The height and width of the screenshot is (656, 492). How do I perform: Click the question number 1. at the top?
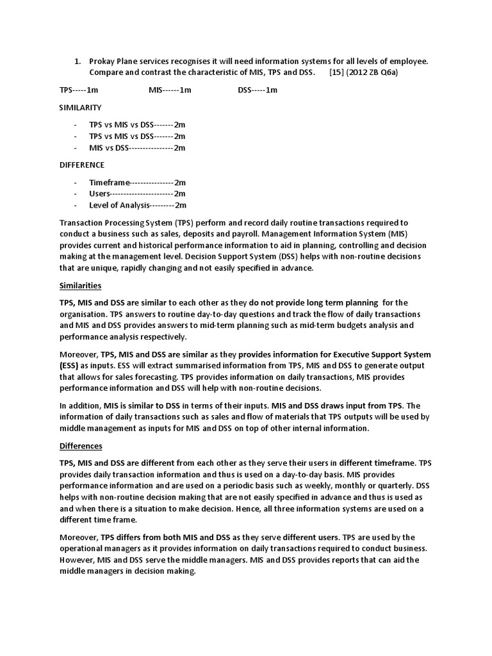click(77, 61)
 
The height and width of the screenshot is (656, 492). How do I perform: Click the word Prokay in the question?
click(103, 61)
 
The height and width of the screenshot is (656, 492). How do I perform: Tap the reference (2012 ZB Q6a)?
click(373, 72)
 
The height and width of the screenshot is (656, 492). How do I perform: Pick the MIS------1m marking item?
click(170, 90)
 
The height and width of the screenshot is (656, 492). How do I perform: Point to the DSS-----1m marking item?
click(258, 90)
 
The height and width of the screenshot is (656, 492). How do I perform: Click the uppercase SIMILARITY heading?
click(80, 107)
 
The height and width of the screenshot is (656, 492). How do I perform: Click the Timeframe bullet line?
click(137, 182)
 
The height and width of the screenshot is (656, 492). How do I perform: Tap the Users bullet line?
click(137, 193)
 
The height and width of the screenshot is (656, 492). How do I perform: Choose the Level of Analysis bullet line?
click(137, 205)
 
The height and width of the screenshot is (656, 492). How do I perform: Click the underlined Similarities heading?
click(80, 285)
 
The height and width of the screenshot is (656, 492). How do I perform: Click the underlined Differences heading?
click(81, 445)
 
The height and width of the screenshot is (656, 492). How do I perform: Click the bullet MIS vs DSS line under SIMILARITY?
click(137, 147)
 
